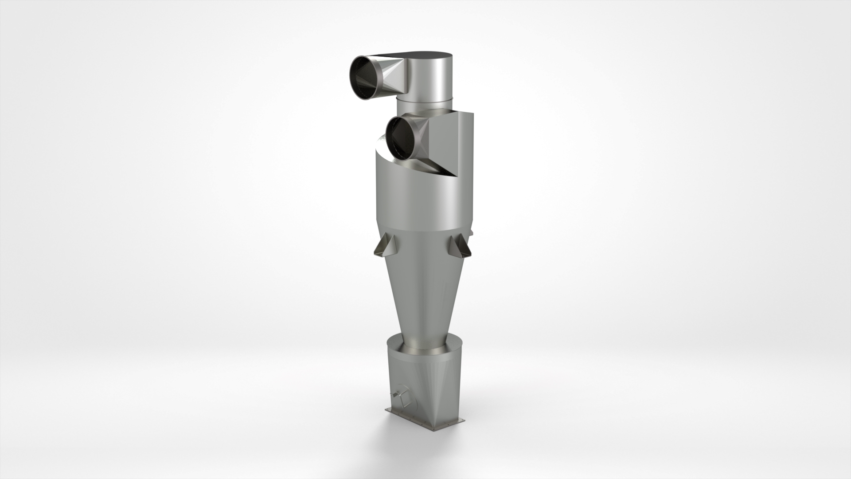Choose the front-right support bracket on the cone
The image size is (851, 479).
pyautogui.click(x=458, y=246)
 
